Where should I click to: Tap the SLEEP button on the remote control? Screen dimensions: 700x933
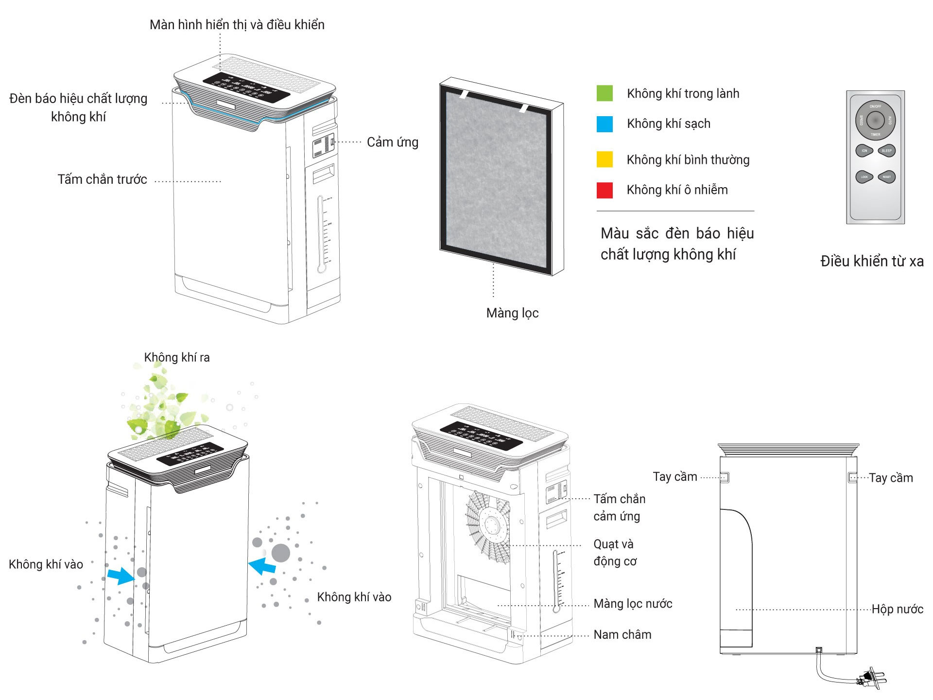click(x=886, y=151)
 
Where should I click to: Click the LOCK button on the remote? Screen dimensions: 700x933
click(x=864, y=177)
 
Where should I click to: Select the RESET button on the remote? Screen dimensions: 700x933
click(x=886, y=177)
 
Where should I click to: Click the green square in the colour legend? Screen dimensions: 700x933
click(x=605, y=93)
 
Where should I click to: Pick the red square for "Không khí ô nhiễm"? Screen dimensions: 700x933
click(x=605, y=190)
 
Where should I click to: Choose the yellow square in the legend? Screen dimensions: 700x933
click(x=605, y=159)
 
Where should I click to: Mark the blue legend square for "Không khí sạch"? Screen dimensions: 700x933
click(x=605, y=124)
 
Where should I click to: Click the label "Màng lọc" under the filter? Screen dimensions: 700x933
click(x=512, y=313)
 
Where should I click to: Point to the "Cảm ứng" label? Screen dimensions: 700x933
click(x=392, y=142)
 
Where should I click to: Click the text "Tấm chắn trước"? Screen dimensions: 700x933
click(x=102, y=179)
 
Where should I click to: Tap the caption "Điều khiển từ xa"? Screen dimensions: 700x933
click(x=872, y=262)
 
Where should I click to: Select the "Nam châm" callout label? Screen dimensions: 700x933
click(x=622, y=634)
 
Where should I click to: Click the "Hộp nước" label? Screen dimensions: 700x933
click(x=897, y=609)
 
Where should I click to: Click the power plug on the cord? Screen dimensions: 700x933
click(x=873, y=678)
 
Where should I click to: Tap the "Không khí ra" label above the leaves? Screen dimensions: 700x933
click(x=177, y=358)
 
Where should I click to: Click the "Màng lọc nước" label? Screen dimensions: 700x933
click(x=633, y=604)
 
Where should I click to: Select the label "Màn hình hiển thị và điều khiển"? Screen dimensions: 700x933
click(x=237, y=25)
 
